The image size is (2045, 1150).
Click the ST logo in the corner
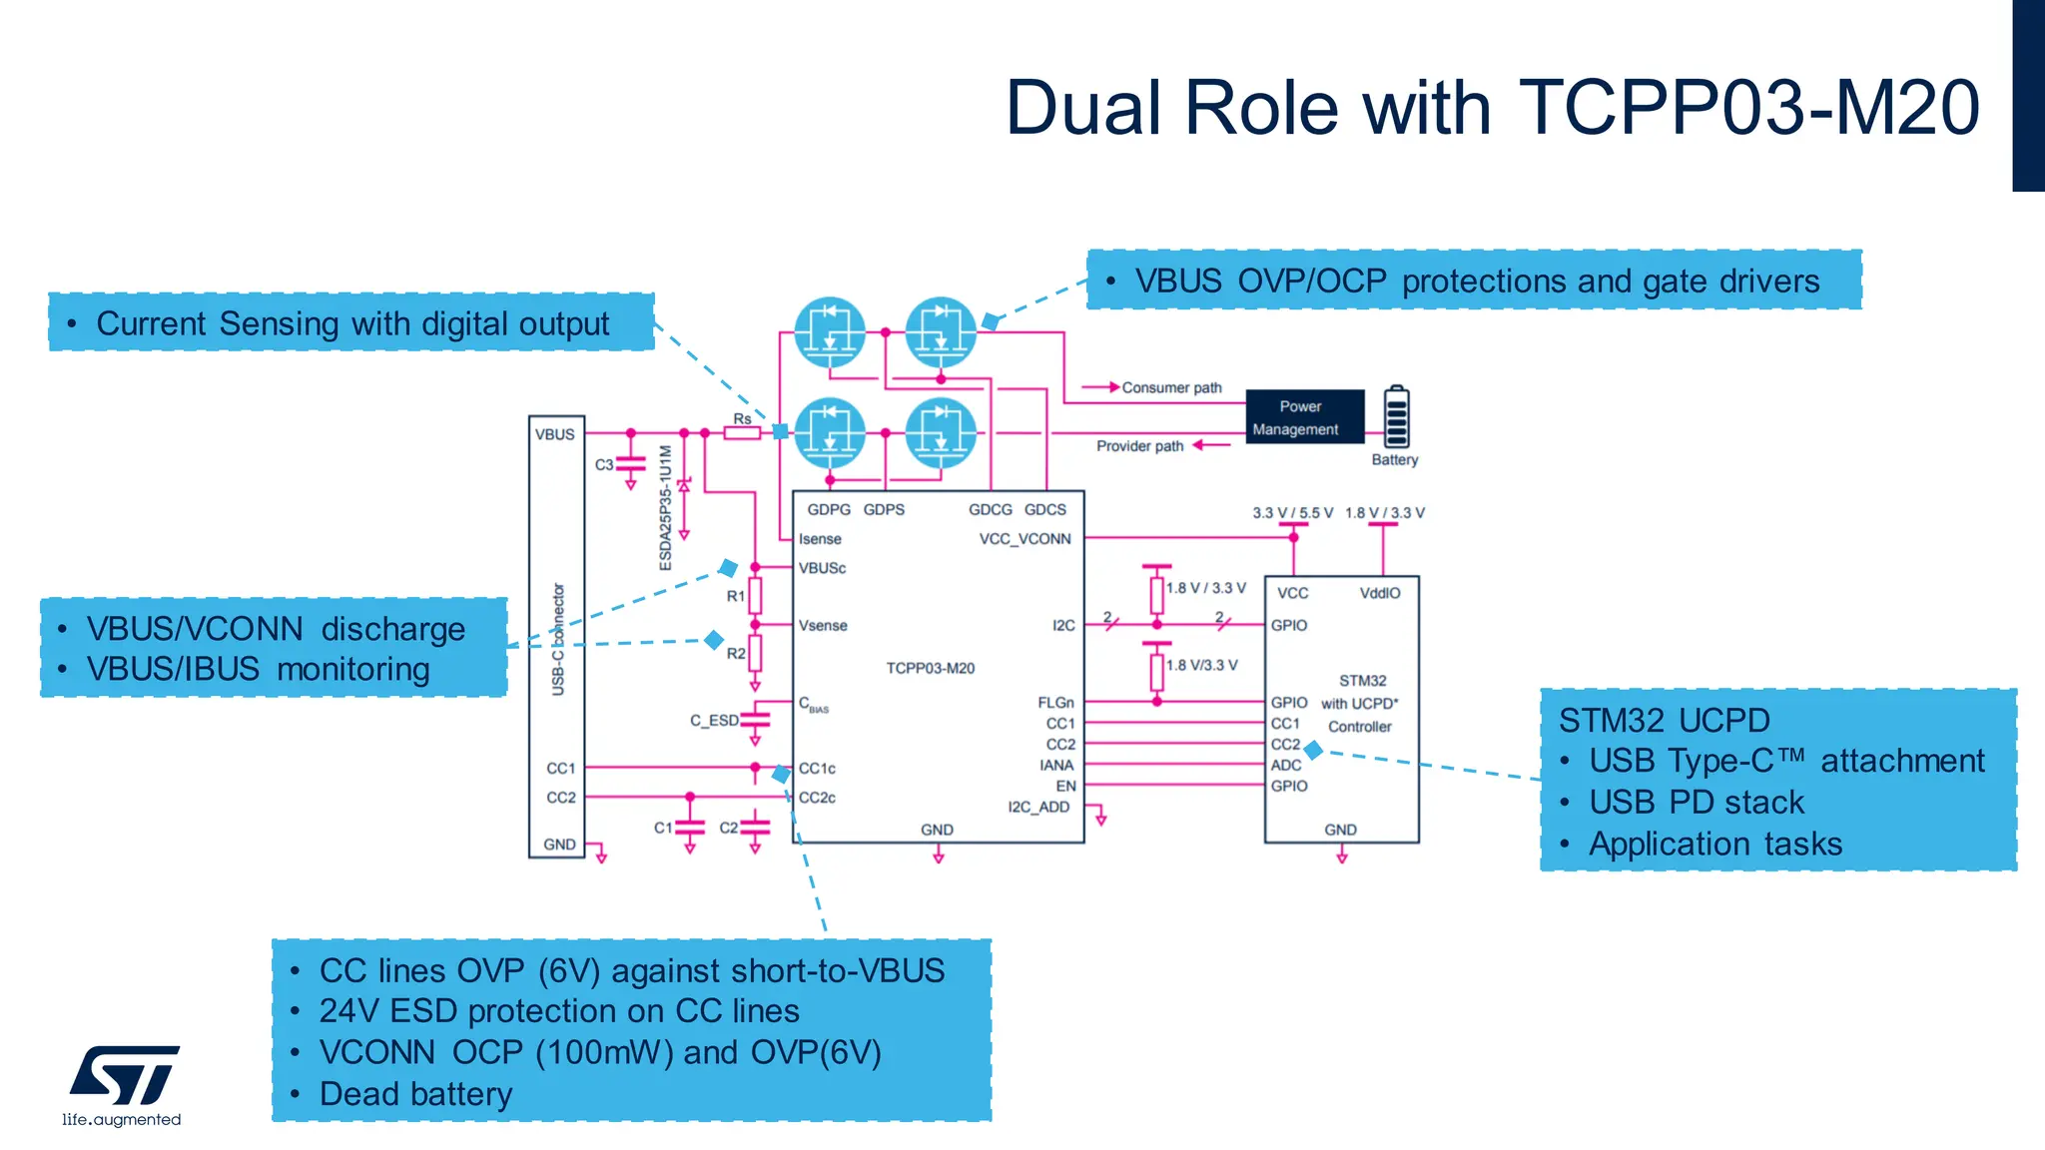click(125, 1076)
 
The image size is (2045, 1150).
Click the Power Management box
click(1304, 417)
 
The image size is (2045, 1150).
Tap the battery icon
click(1396, 417)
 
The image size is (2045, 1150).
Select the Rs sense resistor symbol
click(742, 433)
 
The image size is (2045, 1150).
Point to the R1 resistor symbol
click(755, 596)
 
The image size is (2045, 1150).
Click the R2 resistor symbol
click(755, 653)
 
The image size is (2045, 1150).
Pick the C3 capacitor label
click(604, 465)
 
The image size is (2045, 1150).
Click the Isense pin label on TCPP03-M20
click(820, 539)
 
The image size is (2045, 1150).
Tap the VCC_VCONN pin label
click(1024, 539)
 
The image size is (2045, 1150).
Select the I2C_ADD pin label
click(1038, 807)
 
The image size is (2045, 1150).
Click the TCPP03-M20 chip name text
click(930, 668)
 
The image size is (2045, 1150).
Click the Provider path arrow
click(1211, 445)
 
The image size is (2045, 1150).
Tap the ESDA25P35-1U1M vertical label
click(666, 507)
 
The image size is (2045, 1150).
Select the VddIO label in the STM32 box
click(1380, 593)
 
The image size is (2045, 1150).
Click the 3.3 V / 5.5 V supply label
click(1292, 513)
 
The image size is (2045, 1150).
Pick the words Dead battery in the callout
click(415, 1094)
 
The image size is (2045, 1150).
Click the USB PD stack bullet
click(1696, 802)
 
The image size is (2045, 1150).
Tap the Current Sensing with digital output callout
click(351, 323)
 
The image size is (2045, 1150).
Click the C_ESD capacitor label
click(714, 720)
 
